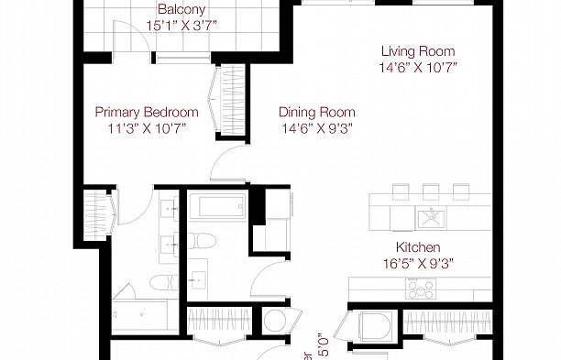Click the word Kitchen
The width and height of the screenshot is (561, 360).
pos(418,247)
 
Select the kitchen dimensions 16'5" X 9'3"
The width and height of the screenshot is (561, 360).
pos(418,264)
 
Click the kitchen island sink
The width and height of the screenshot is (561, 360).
pos(429,217)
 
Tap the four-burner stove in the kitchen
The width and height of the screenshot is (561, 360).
pos(422,289)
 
